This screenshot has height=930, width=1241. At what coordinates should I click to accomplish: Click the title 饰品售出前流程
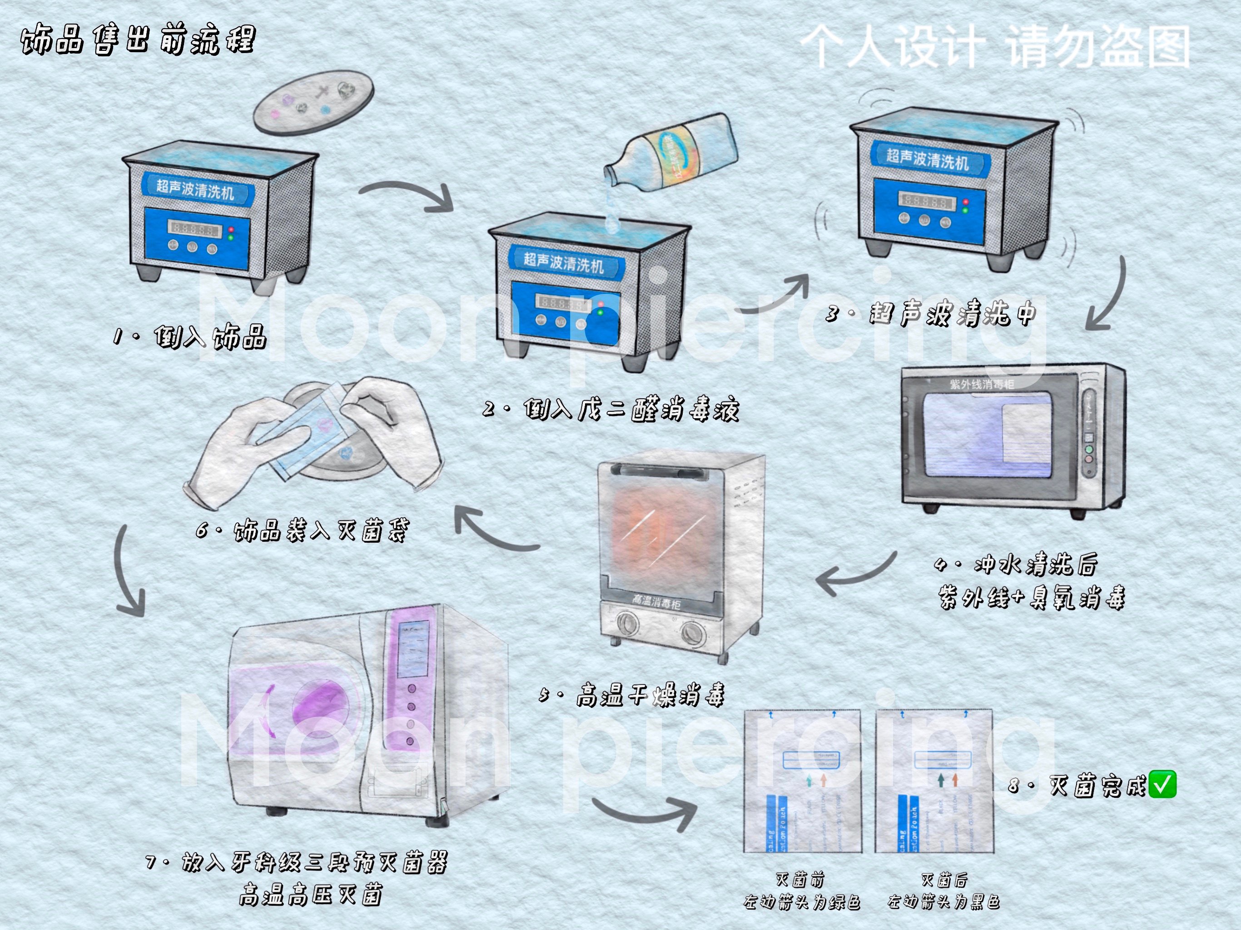138,40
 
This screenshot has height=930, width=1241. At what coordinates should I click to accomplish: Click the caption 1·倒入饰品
189,336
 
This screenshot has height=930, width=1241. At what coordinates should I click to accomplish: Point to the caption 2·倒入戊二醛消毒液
611,410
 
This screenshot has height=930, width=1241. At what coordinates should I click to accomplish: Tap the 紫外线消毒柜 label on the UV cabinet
981,384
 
